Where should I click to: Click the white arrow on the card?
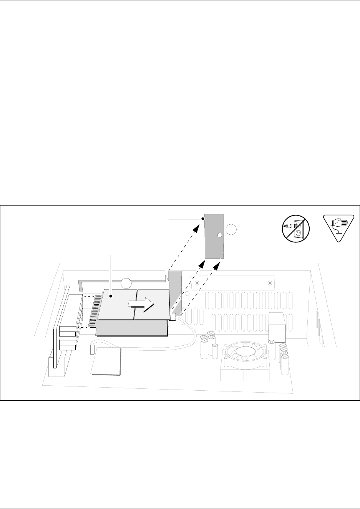coord(141,303)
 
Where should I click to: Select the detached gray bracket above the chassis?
coord(214,236)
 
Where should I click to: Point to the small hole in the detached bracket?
coord(219,235)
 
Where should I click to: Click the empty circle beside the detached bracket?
coord(232,230)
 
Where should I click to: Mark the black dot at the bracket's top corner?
coord(203,219)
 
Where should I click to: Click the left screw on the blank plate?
coord(196,283)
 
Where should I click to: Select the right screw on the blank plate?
coord(270,284)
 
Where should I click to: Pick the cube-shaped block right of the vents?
coord(277,327)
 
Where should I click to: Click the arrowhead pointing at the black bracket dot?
coord(196,227)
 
